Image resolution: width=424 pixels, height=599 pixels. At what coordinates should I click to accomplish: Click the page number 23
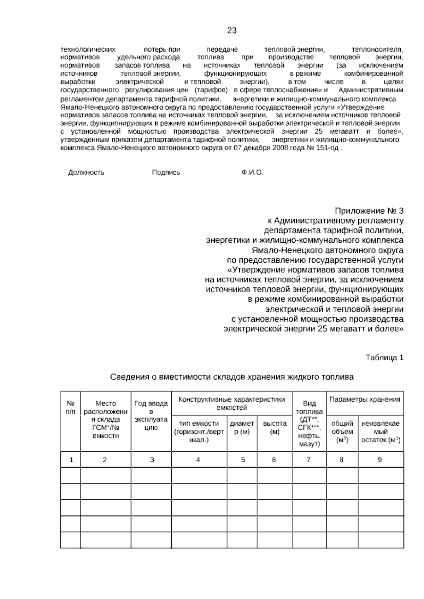pyautogui.click(x=232, y=31)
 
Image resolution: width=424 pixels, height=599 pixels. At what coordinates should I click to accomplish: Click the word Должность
pyautogui.click(x=86, y=172)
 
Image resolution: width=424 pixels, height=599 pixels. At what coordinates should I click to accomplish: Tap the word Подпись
pyautogui.click(x=166, y=172)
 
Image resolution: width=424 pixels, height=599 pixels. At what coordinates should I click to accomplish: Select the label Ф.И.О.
pyautogui.click(x=253, y=172)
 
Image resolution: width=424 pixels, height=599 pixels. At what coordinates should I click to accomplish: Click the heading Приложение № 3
pyautogui.click(x=369, y=211)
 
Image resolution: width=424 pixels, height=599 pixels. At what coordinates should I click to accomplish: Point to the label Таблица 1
pyautogui.click(x=384, y=357)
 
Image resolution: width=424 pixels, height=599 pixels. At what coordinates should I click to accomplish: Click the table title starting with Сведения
pyautogui.click(x=232, y=377)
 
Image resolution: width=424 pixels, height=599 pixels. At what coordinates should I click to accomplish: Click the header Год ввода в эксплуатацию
pyautogui.click(x=151, y=415)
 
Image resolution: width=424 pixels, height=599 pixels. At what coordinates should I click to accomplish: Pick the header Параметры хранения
pyautogui.click(x=365, y=399)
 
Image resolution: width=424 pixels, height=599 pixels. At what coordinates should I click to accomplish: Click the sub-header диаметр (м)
pyautogui.click(x=242, y=427)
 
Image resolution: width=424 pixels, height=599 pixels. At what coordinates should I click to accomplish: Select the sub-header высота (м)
pyautogui.click(x=275, y=427)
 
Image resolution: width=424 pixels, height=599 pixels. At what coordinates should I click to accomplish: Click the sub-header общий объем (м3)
pyautogui.click(x=342, y=432)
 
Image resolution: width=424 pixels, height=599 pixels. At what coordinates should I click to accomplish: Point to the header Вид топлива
pyautogui.click(x=310, y=423)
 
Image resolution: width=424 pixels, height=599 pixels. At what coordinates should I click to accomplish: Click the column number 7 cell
pyautogui.click(x=309, y=459)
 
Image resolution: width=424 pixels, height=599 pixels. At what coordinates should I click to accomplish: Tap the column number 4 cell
pyautogui.click(x=198, y=459)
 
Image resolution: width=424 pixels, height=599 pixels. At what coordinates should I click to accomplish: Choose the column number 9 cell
pyautogui.click(x=380, y=459)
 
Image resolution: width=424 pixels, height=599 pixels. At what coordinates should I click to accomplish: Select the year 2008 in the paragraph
pyautogui.click(x=279, y=148)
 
